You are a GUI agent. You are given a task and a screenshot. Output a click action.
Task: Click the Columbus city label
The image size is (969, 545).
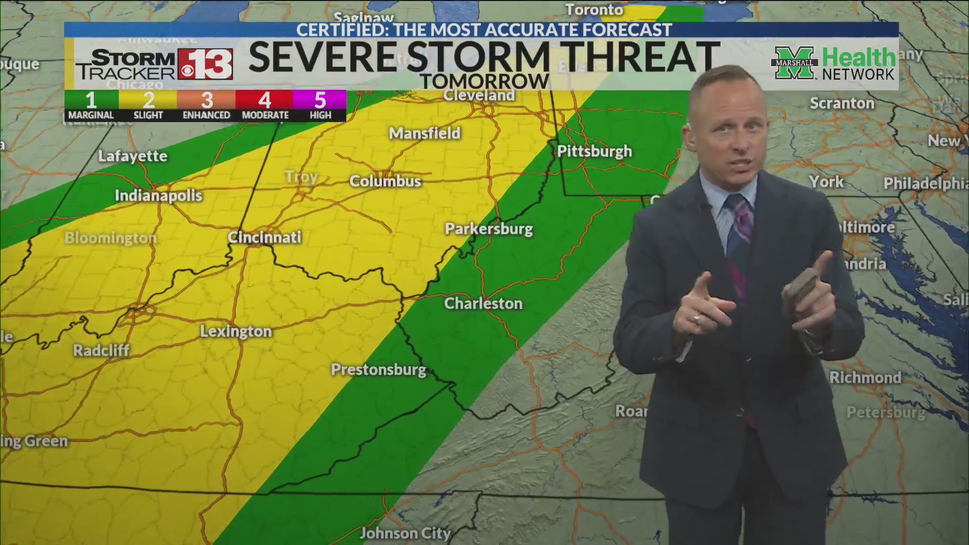(385, 181)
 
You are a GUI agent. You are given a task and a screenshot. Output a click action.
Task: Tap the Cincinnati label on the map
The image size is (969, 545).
(264, 237)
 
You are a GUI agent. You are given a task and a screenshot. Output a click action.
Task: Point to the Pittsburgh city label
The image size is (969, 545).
(594, 151)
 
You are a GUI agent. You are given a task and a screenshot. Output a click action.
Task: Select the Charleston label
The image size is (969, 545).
(483, 303)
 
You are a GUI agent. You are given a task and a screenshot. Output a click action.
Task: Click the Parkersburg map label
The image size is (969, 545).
(489, 229)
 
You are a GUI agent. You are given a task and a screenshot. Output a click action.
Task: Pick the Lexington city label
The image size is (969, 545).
(236, 332)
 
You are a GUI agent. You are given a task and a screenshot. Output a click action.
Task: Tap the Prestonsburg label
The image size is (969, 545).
(379, 370)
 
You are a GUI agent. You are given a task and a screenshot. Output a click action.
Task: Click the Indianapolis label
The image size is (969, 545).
(158, 196)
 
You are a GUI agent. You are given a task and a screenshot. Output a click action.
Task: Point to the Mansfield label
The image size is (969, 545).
(424, 133)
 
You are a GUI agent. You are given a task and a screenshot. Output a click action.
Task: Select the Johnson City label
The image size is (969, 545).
(405, 533)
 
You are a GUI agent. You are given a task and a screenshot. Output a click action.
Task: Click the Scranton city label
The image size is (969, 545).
(842, 103)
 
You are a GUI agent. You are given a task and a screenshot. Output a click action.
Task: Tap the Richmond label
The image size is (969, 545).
(865, 377)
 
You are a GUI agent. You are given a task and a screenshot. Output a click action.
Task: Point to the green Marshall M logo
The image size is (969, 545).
(794, 63)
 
